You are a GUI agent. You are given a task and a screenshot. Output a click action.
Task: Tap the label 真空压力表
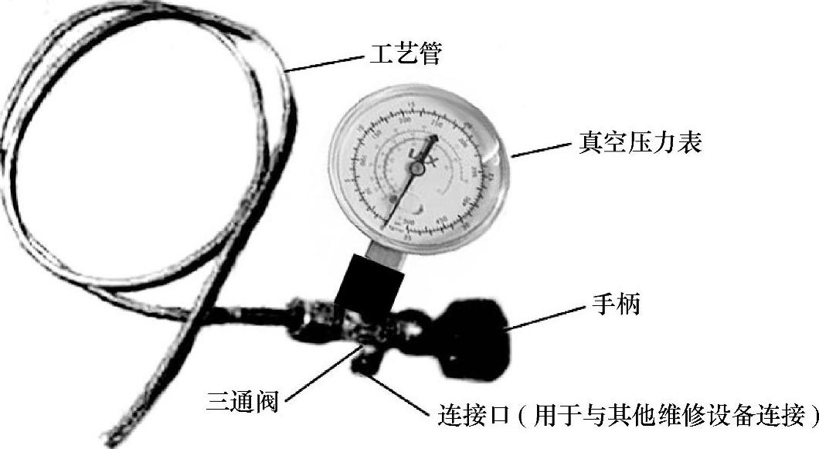click(641, 143)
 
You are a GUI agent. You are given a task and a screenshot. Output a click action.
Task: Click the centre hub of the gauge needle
click(416, 167)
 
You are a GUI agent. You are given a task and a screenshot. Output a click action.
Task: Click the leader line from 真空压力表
click(541, 149)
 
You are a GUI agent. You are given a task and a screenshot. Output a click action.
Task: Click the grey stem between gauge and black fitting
click(386, 249)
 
